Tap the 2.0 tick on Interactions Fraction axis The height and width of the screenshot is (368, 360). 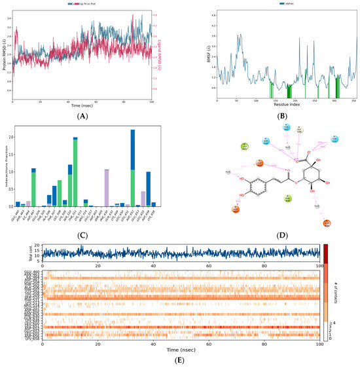(11, 137)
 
